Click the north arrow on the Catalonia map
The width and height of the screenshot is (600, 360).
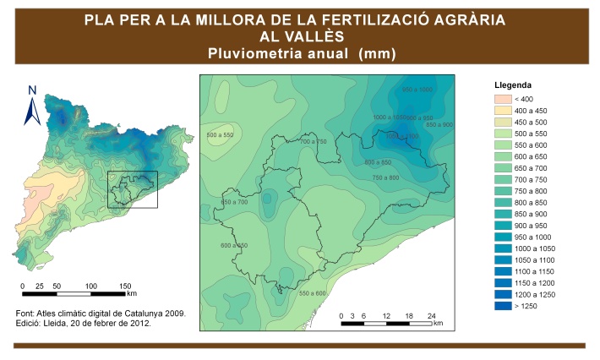pos(31,105)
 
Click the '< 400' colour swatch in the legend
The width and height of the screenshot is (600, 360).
pos(504,98)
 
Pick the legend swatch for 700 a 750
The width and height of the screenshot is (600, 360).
pos(504,179)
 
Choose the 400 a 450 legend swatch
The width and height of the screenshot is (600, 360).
pos(504,110)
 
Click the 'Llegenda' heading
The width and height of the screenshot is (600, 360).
pos(513,85)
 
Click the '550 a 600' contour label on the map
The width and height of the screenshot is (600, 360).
pos(312,292)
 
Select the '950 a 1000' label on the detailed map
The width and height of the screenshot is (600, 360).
pos(417,90)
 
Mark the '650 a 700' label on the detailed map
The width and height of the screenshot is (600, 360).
pos(234,202)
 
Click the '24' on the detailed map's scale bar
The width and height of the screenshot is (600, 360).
pos(431,315)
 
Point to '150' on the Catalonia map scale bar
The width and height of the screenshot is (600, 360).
pos(125,286)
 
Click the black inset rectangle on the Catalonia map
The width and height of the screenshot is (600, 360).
pos(133,189)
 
